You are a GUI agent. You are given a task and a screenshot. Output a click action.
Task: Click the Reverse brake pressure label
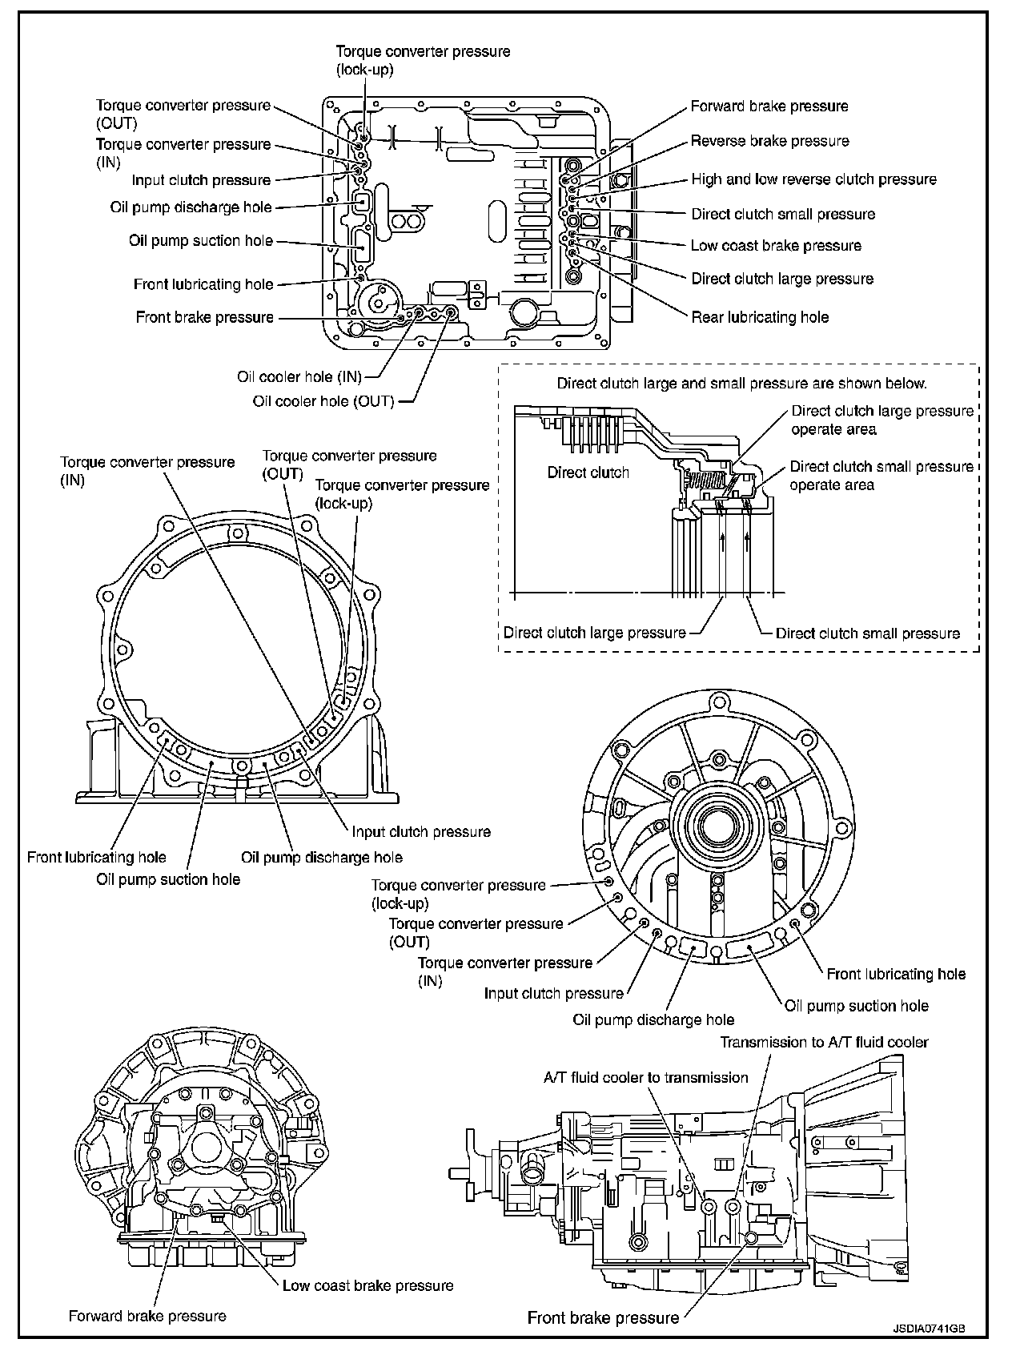pyautogui.click(x=769, y=141)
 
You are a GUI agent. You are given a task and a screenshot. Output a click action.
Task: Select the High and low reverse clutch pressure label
pyautogui.click(x=813, y=179)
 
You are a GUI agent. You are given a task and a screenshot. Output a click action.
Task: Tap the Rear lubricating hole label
pyautogui.click(x=760, y=317)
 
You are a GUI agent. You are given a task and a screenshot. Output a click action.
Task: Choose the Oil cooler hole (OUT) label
pyautogui.click(x=323, y=401)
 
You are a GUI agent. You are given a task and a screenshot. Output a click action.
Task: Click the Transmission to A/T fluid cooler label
pyautogui.click(x=824, y=1042)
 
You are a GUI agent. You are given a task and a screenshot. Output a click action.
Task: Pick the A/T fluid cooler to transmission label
pyautogui.click(x=645, y=1077)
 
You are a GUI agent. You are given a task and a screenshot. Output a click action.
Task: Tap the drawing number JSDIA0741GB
pyautogui.click(x=929, y=1327)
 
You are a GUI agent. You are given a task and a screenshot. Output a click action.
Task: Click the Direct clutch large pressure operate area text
pyautogui.click(x=881, y=420)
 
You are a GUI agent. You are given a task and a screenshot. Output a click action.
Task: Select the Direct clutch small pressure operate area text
pyautogui.click(x=881, y=475)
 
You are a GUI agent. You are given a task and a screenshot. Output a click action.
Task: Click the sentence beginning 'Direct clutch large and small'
pyautogui.click(x=741, y=384)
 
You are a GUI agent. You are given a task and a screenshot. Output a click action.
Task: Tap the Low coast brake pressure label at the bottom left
pyautogui.click(x=367, y=1285)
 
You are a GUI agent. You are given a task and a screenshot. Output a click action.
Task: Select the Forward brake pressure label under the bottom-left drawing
pyautogui.click(x=147, y=1316)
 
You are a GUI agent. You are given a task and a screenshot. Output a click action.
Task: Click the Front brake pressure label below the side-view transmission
pyautogui.click(x=603, y=1318)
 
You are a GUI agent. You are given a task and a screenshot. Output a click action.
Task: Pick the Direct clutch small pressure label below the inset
pyautogui.click(x=867, y=633)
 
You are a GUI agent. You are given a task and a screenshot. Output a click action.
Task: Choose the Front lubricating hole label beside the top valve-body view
pyautogui.click(x=203, y=284)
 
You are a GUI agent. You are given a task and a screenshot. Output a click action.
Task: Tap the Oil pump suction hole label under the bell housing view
pyautogui.click(x=168, y=879)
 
